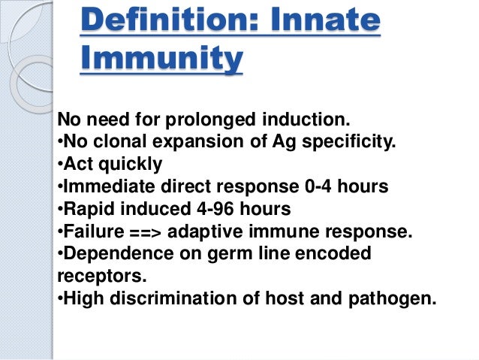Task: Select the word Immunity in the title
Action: click(161, 59)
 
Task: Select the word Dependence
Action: click(110, 253)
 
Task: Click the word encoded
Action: click(339, 253)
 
